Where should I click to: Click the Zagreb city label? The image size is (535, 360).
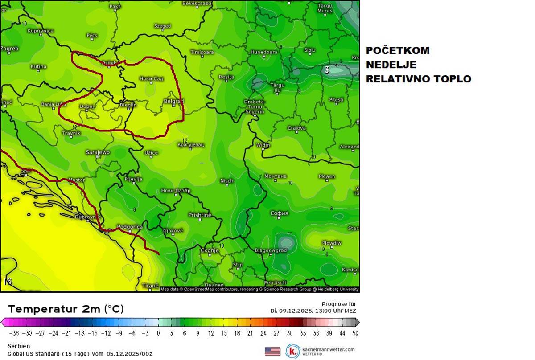pos(9,49)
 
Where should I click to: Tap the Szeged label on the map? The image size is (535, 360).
pos(162,26)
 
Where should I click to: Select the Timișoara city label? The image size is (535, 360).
pos(202,52)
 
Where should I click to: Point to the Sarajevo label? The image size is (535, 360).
pos(97,152)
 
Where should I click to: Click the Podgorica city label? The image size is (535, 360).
pos(129,227)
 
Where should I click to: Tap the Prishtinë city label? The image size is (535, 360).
pos(199,215)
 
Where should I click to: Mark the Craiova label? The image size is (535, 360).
pos(296,128)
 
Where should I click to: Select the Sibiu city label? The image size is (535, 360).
pos(309,50)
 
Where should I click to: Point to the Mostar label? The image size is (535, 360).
pos(76,180)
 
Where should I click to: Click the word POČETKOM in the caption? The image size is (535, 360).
pos(398,50)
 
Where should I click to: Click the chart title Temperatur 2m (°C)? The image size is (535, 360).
pos(66,309)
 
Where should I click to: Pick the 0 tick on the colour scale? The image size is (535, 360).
pos(158,333)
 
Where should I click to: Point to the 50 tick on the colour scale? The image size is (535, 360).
pos(354,333)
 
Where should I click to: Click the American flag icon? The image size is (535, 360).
pos(272,351)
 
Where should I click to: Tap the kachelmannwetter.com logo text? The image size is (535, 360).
pos(328,349)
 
